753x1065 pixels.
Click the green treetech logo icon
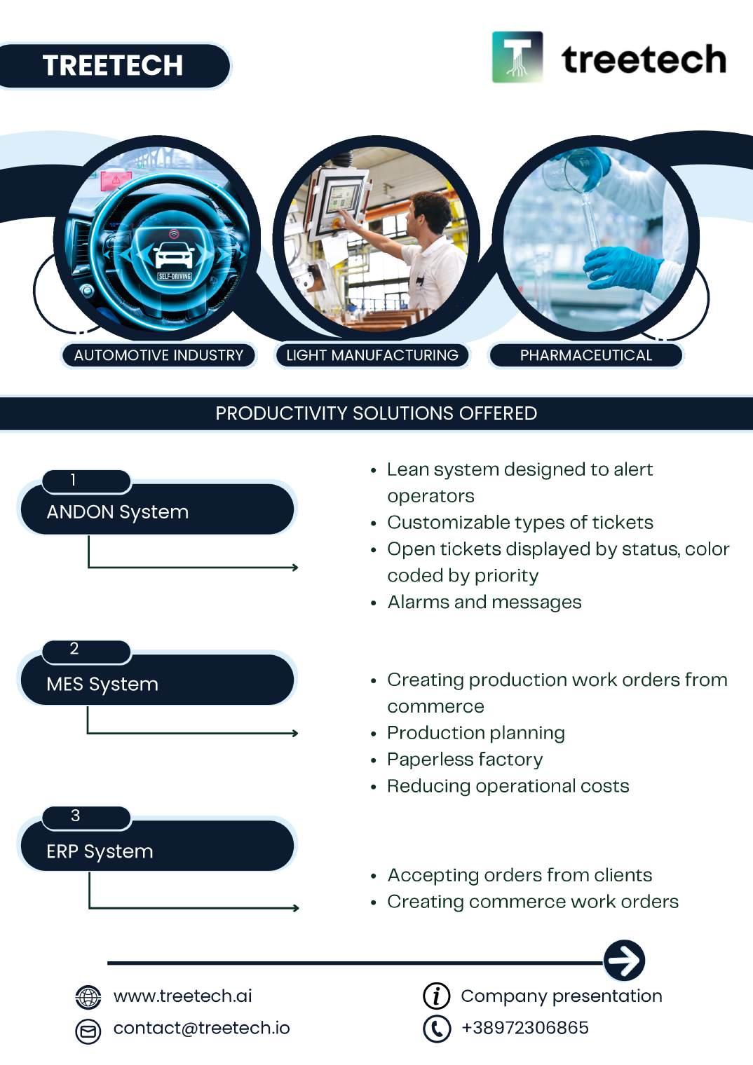(x=517, y=57)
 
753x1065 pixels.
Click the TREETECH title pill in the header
(x=114, y=66)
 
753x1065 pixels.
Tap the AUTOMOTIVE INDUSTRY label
(x=158, y=355)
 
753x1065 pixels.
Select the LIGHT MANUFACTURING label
(x=372, y=355)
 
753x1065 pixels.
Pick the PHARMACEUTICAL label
(x=586, y=355)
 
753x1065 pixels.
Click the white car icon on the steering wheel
(x=174, y=256)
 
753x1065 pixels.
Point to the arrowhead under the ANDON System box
(x=294, y=567)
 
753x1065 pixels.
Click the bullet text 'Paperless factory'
(x=465, y=760)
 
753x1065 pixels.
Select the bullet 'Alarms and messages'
(x=484, y=603)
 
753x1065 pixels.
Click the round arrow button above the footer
(x=624, y=961)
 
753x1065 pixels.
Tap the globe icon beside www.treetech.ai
(x=88, y=996)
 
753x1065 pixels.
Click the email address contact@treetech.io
(x=201, y=1028)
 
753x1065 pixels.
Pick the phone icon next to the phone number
(x=437, y=1028)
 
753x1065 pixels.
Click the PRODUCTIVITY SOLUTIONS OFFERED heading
(x=376, y=413)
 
